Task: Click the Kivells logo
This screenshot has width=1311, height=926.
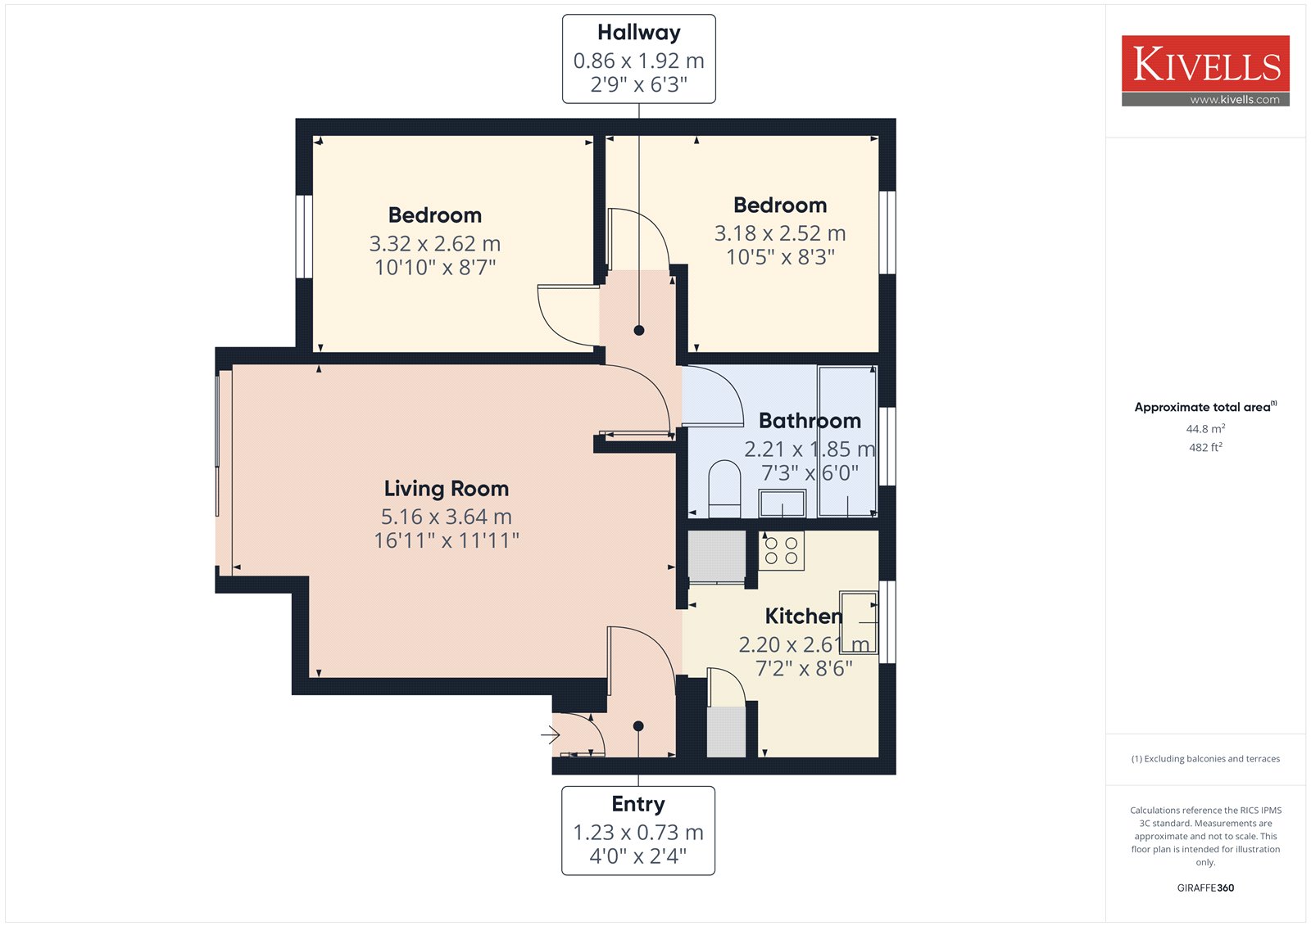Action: pyautogui.click(x=1205, y=70)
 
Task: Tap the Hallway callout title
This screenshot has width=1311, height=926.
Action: pyautogui.click(x=638, y=33)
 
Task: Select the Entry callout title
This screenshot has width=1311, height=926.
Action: pyautogui.click(x=638, y=804)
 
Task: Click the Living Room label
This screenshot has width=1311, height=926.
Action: pyautogui.click(x=446, y=489)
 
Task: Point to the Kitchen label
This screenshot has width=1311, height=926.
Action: pyautogui.click(x=804, y=616)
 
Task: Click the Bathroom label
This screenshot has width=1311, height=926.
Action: pyautogui.click(x=810, y=421)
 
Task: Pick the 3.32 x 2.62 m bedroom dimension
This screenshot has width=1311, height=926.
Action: pyautogui.click(x=435, y=243)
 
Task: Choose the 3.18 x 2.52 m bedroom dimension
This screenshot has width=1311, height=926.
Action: pyautogui.click(x=779, y=233)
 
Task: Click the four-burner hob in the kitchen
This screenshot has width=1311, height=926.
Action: pyautogui.click(x=782, y=550)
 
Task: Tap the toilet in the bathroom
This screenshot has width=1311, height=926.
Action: pyautogui.click(x=724, y=489)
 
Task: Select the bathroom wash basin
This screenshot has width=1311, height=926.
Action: pyautogui.click(x=783, y=503)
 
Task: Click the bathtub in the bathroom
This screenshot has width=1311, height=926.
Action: pyautogui.click(x=847, y=441)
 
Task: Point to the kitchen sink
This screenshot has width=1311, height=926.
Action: pyautogui.click(x=859, y=622)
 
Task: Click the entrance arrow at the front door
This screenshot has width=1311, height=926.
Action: pyautogui.click(x=550, y=734)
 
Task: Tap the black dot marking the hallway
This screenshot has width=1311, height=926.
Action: pyautogui.click(x=639, y=331)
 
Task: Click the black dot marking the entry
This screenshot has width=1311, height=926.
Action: pyautogui.click(x=638, y=726)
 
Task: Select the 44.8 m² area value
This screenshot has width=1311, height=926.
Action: pyautogui.click(x=1205, y=429)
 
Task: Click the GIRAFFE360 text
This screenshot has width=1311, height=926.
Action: pyautogui.click(x=1205, y=888)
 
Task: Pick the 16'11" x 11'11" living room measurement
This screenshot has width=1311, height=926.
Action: pyautogui.click(x=446, y=540)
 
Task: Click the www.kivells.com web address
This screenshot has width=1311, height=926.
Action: pyautogui.click(x=1234, y=100)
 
